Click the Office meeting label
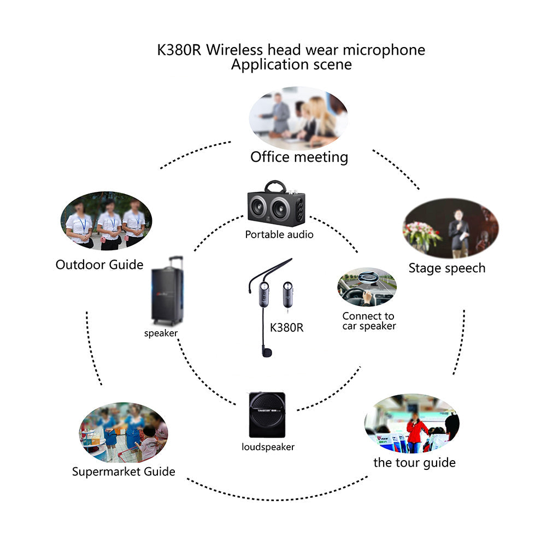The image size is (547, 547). point(299,157)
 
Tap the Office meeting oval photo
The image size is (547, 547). point(298,117)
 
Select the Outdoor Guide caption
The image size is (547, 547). point(99,265)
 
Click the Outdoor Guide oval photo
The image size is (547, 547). point(106,221)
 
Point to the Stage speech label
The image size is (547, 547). point(446,268)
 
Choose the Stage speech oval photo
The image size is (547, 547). point(450,228)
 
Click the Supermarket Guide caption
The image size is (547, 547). point(123,472)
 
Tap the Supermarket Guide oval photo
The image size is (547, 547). point(123,432)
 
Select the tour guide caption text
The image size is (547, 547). point(414,463)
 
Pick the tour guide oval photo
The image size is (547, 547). point(411,424)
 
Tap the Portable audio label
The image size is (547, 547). point(279,234)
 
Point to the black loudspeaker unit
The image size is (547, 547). point(267,415)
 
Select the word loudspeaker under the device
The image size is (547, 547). point(268,447)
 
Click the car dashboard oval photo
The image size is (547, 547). point(367,287)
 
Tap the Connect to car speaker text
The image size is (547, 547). point(369,321)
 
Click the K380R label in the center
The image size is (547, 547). point(286,328)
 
